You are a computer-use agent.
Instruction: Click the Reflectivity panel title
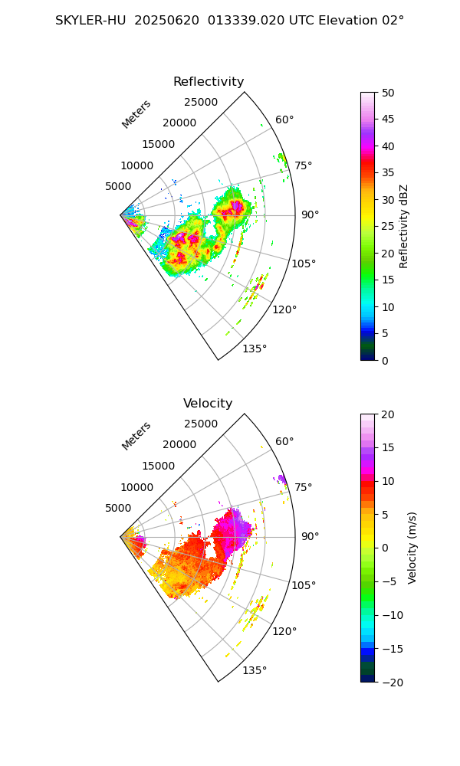point(208,82)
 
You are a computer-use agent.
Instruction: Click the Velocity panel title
point(208,404)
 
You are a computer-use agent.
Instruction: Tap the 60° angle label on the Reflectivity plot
point(284,119)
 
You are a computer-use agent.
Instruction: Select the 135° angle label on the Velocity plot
point(255,670)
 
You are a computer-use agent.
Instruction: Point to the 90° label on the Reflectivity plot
point(310,214)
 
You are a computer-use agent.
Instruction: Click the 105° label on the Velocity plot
point(304,585)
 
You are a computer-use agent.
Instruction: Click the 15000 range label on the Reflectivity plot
point(158,144)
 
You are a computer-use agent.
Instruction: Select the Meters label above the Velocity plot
point(136,436)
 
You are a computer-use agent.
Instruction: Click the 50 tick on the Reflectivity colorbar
point(389,93)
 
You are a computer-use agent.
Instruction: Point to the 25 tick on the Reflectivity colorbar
point(389,227)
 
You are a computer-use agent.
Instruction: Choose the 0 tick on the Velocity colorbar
point(386,548)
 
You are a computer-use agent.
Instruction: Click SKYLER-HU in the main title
point(90,21)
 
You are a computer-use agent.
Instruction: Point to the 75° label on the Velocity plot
point(304,487)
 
